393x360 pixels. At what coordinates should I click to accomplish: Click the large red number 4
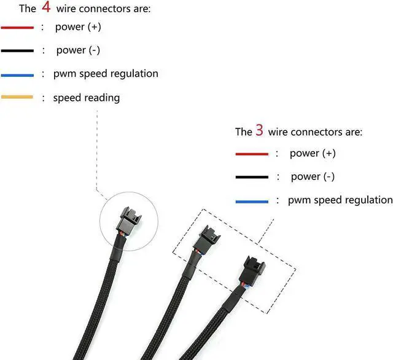point(46,8)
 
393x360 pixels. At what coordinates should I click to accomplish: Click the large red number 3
point(259,131)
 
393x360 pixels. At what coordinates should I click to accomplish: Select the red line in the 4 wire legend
point(17,28)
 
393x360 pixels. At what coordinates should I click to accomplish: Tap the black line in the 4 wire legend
point(17,50)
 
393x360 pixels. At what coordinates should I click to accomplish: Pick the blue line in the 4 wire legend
point(17,74)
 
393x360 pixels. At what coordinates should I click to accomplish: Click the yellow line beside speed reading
point(17,98)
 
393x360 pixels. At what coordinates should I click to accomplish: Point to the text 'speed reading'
point(86,98)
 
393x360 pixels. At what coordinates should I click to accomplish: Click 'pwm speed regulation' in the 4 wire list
point(106,74)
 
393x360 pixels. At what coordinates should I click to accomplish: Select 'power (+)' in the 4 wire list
point(79,27)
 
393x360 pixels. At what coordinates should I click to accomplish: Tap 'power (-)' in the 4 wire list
point(79,50)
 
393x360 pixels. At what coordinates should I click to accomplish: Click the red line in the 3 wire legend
point(252,154)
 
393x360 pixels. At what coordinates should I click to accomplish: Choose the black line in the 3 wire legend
point(252,177)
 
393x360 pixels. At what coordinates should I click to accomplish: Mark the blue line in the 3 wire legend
point(252,201)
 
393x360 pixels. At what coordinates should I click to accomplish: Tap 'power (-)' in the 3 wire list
point(313,176)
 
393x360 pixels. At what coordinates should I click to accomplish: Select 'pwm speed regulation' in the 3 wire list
point(340,200)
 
